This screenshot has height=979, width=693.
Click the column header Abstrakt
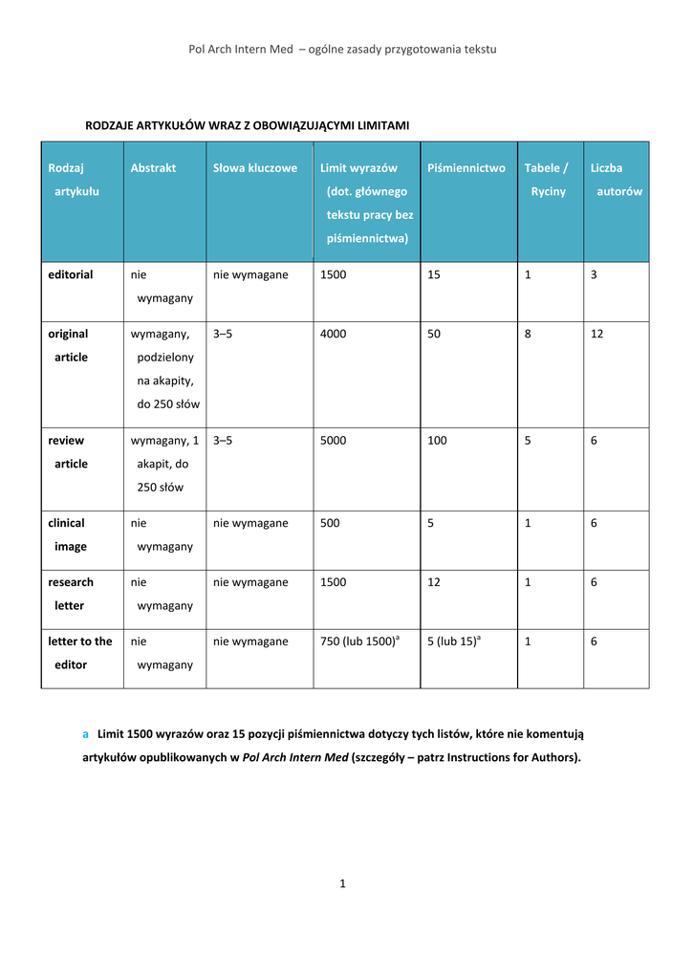[x=153, y=168]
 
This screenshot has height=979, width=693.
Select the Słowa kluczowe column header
[x=254, y=168]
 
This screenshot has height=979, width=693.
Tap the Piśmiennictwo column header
[x=466, y=168]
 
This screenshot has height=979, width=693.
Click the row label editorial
[x=71, y=275]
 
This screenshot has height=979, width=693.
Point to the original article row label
[x=69, y=345]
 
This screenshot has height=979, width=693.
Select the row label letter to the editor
[x=79, y=653]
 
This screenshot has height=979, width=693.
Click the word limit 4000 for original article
[x=334, y=335]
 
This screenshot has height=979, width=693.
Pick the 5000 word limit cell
[x=334, y=442]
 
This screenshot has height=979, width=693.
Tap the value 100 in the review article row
[x=438, y=442]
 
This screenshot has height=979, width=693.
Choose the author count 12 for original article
[x=596, y=335]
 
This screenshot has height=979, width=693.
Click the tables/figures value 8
[x=528, y=335]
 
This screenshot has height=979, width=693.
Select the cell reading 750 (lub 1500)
[x=357, y=642]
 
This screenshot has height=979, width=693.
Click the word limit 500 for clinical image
[x=330, y=524]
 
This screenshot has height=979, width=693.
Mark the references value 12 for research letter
[x=434, y=583]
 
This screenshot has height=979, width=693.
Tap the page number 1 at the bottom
[x=342, y=884]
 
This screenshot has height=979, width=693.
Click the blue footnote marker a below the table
[x=85, y=734]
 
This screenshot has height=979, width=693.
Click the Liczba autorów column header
[x=616, y=180]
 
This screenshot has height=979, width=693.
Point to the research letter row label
[x=71, y=594]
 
